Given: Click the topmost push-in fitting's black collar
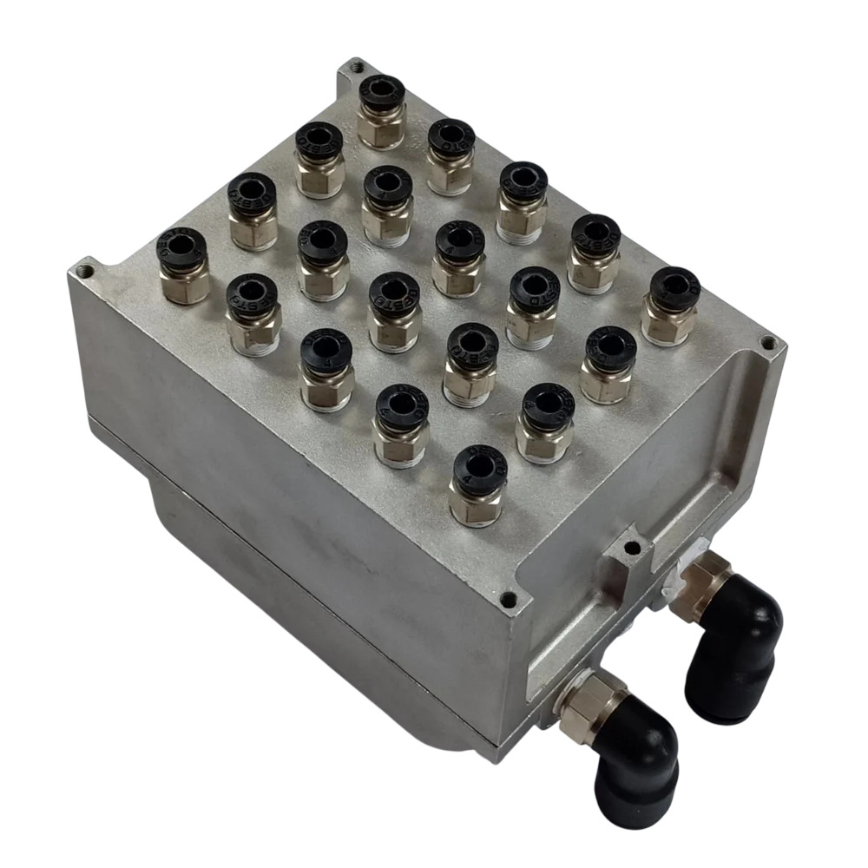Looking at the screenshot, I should (x=382, y=94).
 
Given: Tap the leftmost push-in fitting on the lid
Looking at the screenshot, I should (x=183, y=264).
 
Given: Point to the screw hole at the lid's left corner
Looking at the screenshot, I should (x=84, y=270).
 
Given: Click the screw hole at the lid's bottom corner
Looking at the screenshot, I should (x=512, y=598).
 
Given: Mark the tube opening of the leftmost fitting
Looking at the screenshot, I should (x=181, y=247).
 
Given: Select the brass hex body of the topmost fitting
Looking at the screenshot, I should (x=381, y=127).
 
